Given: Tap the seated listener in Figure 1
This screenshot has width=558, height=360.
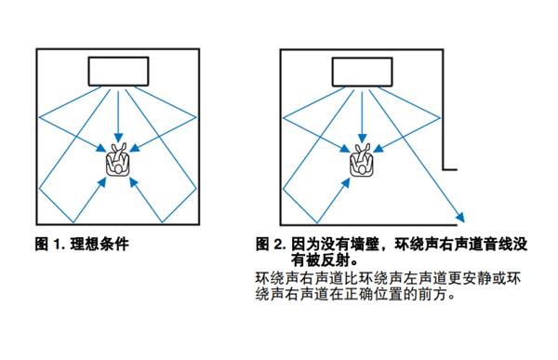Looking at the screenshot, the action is coord(118,159).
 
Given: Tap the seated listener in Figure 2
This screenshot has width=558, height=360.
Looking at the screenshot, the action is coord(362,160).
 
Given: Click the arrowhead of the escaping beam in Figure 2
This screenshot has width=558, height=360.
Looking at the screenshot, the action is coord(460,217).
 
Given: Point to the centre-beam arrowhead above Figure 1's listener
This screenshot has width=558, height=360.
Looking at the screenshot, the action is coord(118,139).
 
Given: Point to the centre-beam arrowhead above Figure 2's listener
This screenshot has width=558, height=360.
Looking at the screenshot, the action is coord(363,139).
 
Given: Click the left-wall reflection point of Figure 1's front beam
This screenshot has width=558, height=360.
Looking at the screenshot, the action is coord(39,117).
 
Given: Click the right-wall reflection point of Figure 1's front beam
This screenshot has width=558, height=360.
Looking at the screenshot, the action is coord(196,117).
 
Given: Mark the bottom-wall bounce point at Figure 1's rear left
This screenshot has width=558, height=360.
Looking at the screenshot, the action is coord(73,222).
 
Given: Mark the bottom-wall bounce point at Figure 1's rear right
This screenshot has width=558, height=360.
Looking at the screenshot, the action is coord(162,222).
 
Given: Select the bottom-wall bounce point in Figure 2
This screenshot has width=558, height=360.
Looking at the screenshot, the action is coord(317,223).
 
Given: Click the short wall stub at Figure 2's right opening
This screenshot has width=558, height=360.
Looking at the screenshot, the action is coord(450,169).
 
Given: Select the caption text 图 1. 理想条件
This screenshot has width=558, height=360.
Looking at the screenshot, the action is coord(82,245).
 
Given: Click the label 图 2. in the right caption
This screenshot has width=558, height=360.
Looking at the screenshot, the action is coord(271,245).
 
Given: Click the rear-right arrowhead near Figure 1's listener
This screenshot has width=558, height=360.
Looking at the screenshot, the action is coord(133,182).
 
